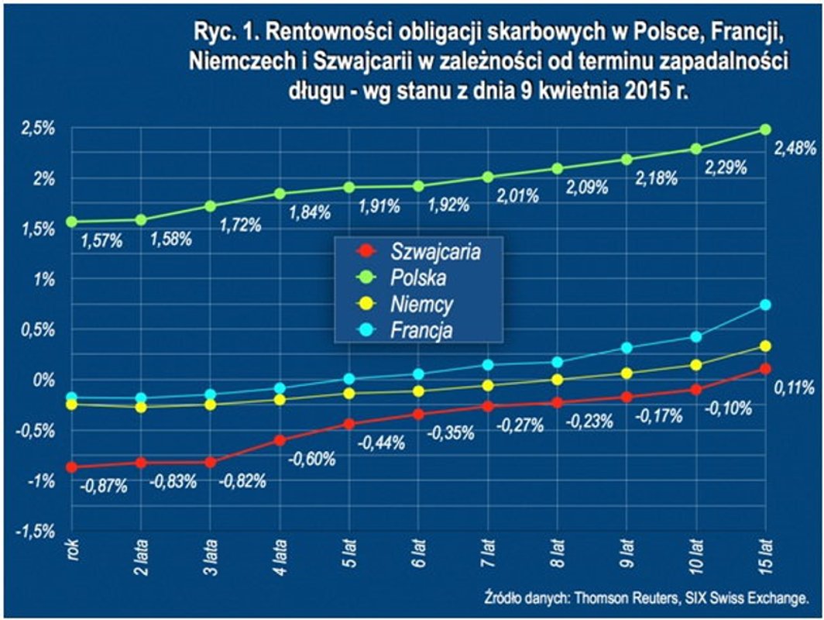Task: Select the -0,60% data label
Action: point(313,459)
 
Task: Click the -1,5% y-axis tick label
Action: point(37,531)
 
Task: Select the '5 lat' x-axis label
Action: point(349,553)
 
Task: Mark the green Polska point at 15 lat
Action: point(765,129)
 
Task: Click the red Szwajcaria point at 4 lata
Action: point(280,440)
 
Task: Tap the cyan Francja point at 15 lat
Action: point(765,305)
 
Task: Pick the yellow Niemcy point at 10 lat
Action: point(695,365)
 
